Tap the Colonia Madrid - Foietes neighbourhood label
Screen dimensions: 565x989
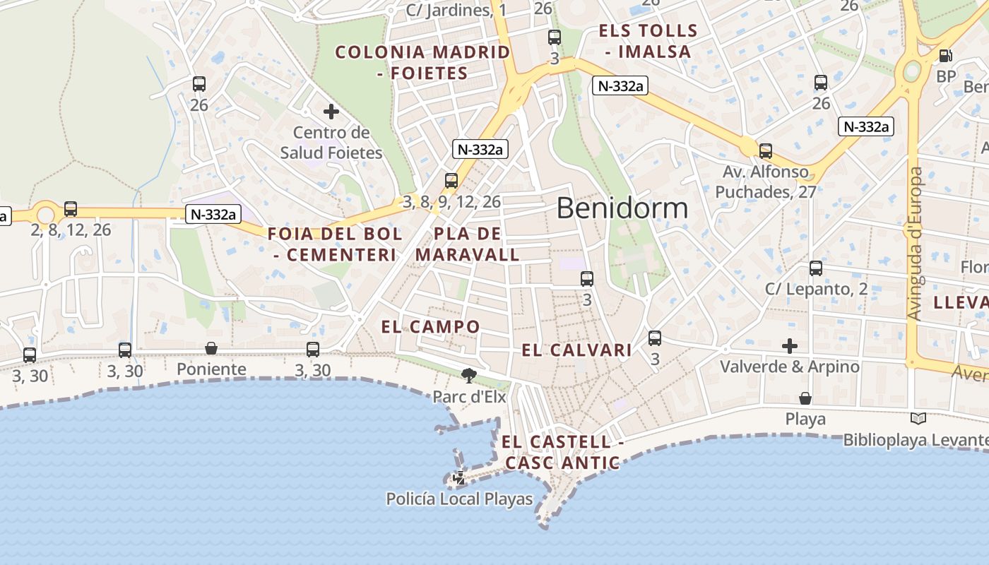(x=422, y=62)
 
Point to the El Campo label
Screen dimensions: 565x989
(x=430, y=326)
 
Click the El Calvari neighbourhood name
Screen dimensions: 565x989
(x=576, y=350)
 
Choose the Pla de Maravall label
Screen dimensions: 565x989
(x=467, y=244)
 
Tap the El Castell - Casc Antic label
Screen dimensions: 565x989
(x=563, y=453)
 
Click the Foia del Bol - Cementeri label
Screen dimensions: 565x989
(x=335, y=244)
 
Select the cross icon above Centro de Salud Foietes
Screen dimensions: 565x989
(x=331, y=111)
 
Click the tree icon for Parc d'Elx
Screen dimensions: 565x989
(x=468, y=375)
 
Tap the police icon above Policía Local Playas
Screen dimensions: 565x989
(x=459, y=478)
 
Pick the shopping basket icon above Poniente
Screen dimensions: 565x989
(x=211, y=348)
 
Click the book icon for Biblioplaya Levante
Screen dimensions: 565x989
(x=918, y=419)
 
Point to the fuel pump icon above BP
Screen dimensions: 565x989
(x=945, y=55)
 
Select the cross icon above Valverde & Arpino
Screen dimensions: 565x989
(x=790, y=346)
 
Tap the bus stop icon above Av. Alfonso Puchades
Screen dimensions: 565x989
(x=766, y=150)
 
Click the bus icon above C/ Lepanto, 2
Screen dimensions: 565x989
(x=816, y=268)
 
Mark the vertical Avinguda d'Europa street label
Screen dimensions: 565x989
(x=916, y=244)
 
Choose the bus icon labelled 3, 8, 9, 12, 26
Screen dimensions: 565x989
(x=451, y=181)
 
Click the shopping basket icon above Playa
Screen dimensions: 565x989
(x=805, y=398)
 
